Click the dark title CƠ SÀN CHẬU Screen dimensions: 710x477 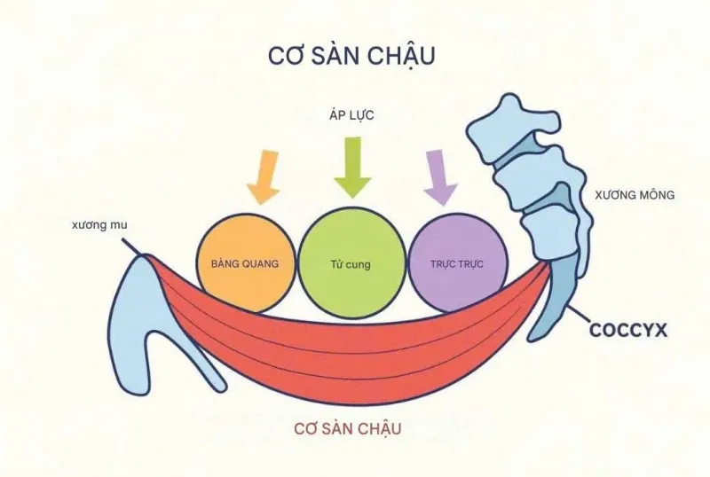(x=351, y=56)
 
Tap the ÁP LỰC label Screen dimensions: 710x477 (x=351, y=115)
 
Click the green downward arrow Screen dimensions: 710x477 (x=352, y=168)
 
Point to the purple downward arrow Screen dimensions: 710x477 (x=440, y=177)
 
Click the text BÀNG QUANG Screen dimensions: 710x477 (x=245, y=263)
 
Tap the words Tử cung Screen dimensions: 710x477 (x=351, y=264)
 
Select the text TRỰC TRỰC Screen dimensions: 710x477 (x=457, y=264)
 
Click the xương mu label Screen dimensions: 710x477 (x=99, y=225)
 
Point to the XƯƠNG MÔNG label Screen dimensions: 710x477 (x=635, y=195)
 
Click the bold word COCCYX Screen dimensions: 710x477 (x=628, y=330)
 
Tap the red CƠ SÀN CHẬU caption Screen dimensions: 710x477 (x=348, y=428)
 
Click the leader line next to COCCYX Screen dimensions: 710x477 (x=579, y=316)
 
